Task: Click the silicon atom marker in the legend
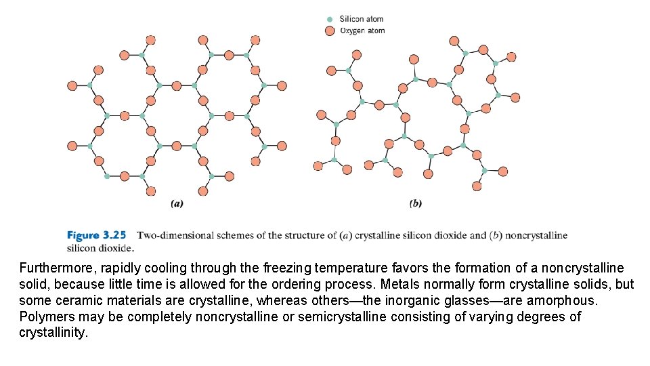click(330, 20)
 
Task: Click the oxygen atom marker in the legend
click(330, 30)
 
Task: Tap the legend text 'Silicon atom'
click(362, 20)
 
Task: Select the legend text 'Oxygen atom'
click(362, 30)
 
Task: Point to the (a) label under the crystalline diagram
click(177, 203)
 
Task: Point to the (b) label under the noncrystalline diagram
click(416, 203)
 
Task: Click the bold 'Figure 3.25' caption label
click(96, 236)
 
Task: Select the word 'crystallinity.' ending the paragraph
click(53, 333)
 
